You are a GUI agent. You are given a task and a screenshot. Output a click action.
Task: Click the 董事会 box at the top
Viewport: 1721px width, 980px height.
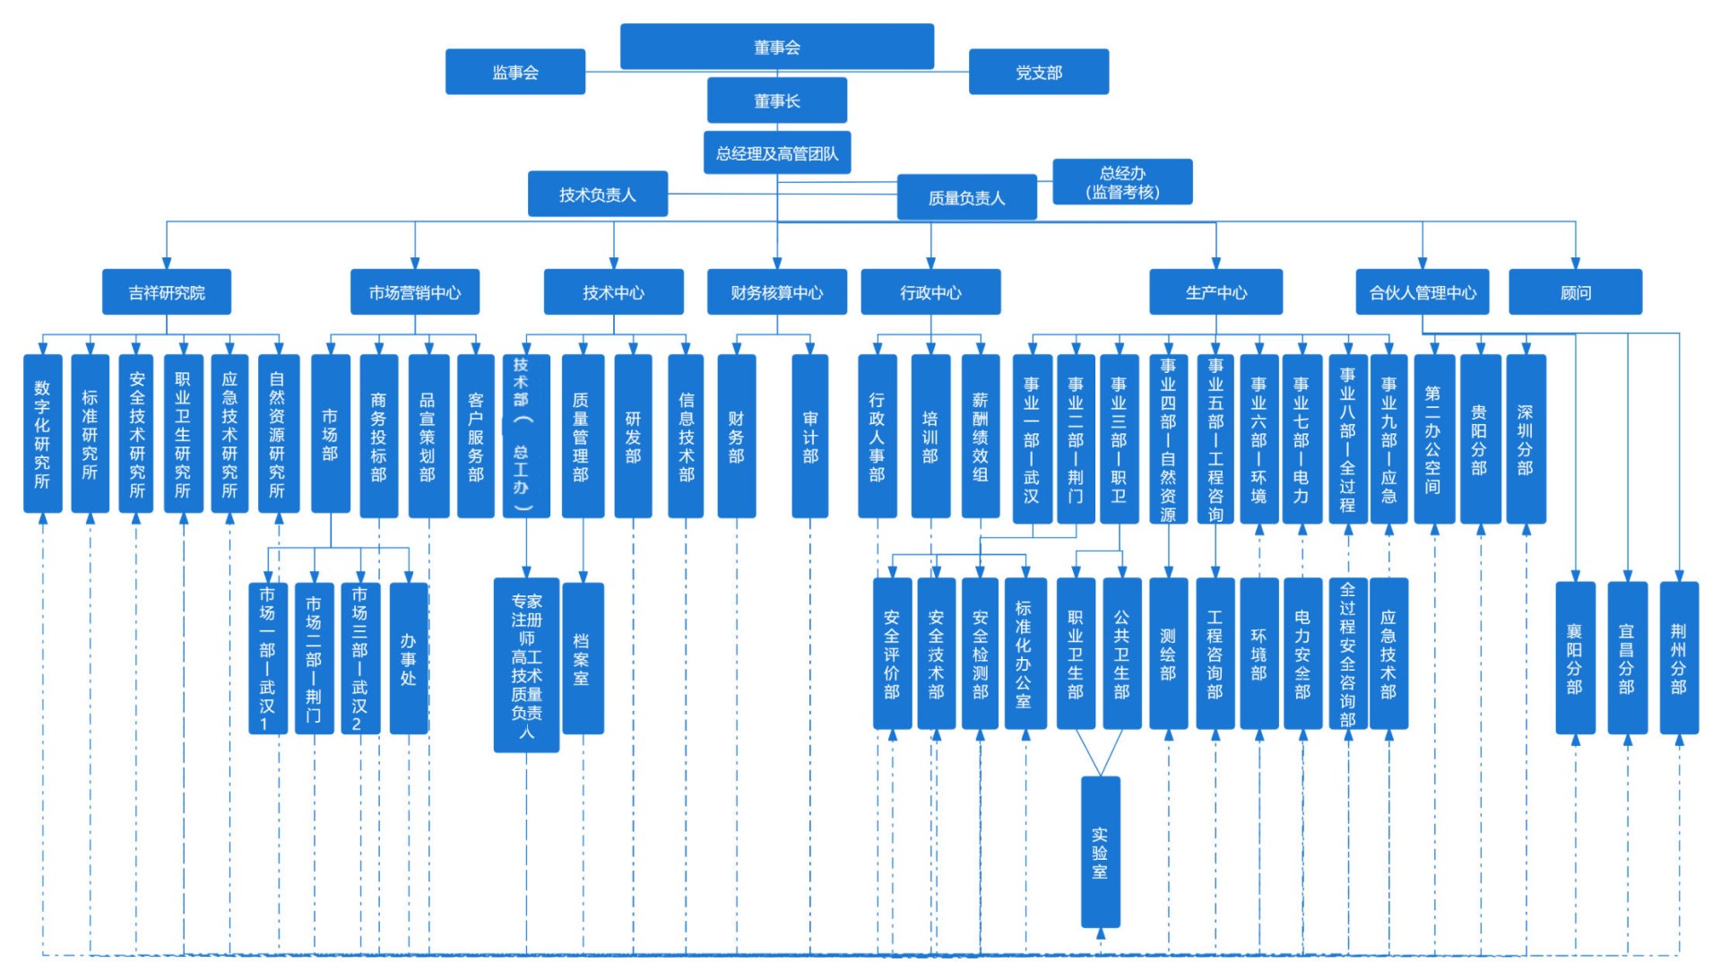776,47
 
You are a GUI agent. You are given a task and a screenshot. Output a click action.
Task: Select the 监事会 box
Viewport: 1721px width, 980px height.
515,72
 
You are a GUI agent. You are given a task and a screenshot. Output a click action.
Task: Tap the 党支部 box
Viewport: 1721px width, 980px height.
1039,72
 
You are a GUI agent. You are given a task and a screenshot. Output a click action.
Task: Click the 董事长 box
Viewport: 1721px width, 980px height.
777,100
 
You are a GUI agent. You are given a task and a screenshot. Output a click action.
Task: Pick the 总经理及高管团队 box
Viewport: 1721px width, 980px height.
777,153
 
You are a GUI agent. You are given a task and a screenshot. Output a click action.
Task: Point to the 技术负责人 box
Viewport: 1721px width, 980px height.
598,194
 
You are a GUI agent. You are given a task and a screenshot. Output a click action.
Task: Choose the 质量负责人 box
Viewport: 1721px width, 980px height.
967,197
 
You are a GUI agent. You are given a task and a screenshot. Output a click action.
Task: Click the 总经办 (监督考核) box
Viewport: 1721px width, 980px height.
1122,182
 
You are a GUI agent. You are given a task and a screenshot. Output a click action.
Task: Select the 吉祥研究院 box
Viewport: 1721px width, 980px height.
167,292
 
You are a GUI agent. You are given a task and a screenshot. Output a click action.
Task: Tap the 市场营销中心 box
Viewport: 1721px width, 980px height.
415,292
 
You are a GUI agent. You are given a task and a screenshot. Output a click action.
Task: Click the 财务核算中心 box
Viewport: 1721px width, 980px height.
777,292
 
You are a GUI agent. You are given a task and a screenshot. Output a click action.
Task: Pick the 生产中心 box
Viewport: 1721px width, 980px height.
1216,292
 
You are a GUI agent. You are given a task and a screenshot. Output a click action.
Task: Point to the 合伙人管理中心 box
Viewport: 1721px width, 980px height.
1423,292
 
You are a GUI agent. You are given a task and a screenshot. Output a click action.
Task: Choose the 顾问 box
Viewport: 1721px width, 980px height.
1576,292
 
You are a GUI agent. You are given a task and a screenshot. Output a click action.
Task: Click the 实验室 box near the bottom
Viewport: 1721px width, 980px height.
1101,852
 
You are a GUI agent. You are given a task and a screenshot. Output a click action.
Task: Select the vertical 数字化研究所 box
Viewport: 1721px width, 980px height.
43,434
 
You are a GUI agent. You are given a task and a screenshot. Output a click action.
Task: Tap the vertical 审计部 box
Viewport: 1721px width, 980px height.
810,437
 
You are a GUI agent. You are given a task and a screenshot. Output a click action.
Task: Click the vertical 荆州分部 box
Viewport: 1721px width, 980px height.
1679,658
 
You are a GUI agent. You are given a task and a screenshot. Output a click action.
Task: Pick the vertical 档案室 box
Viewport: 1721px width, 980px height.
583,658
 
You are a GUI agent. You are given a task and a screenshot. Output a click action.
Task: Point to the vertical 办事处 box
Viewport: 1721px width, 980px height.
409,658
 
